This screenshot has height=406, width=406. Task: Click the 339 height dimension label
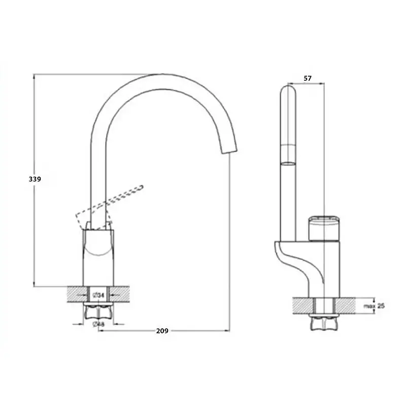click(x=35, y=179)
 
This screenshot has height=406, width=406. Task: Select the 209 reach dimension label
click(x=162, y=331)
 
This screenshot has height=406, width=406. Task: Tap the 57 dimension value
click(x=308, y=78)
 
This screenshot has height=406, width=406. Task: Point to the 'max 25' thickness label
click(x=374, y=306)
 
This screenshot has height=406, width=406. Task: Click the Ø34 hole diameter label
click(x=98, y=295)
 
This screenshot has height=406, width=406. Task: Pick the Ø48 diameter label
click(x=98, y=324)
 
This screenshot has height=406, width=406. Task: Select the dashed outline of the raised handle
click(x=109, y=207)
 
